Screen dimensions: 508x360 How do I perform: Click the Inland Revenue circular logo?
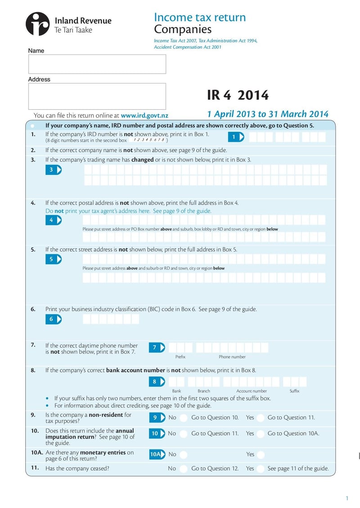pos(38,24)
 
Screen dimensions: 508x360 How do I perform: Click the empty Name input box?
pos(97,64)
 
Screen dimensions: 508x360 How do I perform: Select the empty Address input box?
pos(97,96)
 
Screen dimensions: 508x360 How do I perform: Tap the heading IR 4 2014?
pos(238,95)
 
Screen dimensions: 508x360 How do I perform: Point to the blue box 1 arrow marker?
pos(236,137)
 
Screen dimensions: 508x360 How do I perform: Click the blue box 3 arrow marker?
pos(53,169)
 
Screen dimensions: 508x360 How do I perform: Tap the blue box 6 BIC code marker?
pos(53,319)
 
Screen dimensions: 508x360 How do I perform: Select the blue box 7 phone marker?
pos(156,348)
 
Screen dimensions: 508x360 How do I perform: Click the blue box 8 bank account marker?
pos(156,382)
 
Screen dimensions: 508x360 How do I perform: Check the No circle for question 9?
pos(184,418)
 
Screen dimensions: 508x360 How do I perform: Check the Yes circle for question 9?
pos(261,418)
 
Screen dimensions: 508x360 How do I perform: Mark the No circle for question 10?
pos(184,434)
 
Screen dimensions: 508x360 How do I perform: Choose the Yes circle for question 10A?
pos(261,455)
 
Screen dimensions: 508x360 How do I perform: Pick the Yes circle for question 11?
pos(261,469)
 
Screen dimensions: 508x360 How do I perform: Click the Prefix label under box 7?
pos(180,357)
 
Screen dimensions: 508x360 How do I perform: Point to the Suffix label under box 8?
pos(294,391)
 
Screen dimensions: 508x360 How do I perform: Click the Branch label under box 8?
pos(203,391)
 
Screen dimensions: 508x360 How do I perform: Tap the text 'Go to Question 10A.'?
pos(293,433)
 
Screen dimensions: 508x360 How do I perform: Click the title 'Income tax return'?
pos(199,18)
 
